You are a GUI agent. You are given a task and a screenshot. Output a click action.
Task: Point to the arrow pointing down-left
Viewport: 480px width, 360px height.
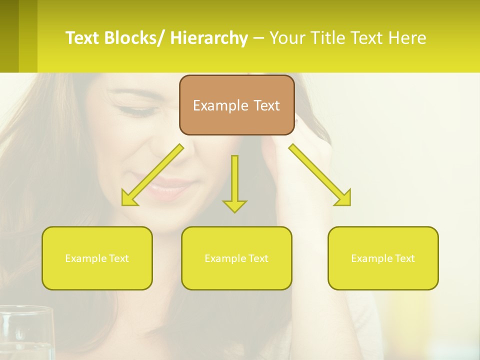tap(152, 175)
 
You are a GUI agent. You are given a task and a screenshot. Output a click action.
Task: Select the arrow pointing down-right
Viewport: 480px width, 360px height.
tap(320, 175)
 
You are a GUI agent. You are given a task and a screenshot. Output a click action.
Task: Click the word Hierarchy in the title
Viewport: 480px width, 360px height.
tap(209, 38)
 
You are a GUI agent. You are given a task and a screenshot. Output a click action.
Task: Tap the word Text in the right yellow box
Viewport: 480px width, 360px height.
tap(404, 258)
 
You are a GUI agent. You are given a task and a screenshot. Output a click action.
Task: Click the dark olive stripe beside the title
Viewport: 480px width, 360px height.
tap(9, 36)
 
